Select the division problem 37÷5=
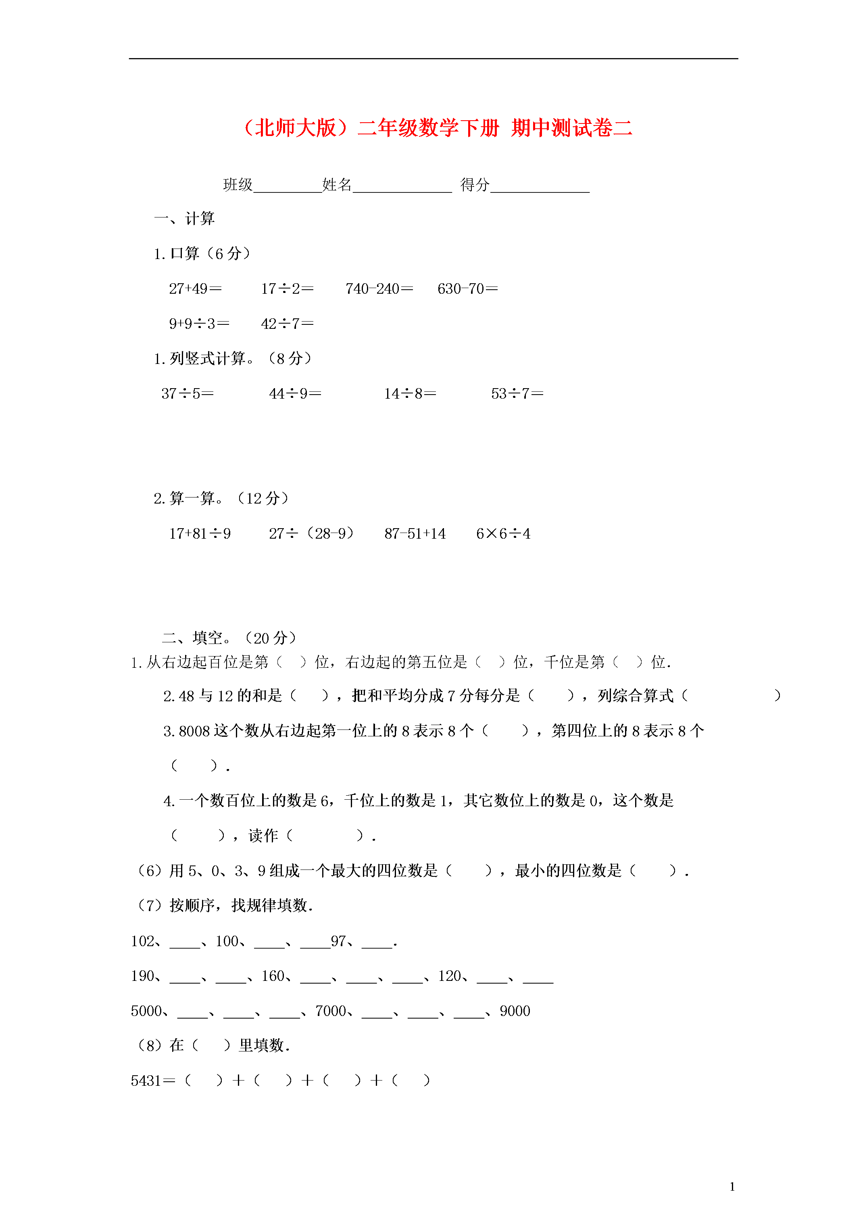point(188,394)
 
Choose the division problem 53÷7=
point(517,394)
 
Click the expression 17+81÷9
point(200,534)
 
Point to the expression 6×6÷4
point(503,534)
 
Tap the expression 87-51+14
point(415,534)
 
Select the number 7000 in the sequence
point(331,1011)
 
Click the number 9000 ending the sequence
point(515,1011)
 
